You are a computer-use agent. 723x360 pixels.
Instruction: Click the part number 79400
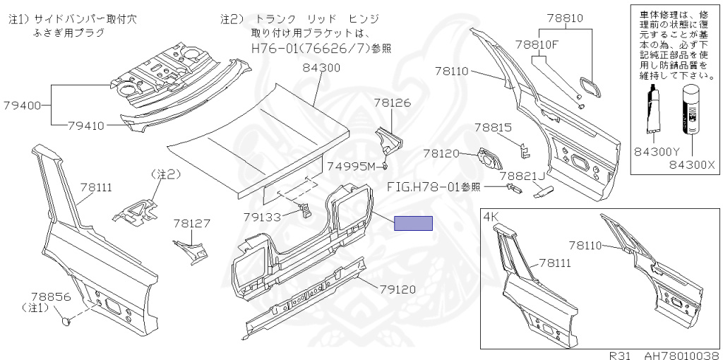(23, 105)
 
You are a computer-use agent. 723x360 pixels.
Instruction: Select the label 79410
(86, 126)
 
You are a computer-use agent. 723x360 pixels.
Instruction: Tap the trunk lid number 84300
(321, 68)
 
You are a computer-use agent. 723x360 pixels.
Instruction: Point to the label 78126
(392, 103)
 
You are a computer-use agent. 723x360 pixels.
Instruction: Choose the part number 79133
(263, 216)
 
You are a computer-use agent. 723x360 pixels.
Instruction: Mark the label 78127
(192, 224)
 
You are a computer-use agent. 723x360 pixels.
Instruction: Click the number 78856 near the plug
(51, 296)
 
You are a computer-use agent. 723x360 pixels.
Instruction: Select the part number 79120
(398, 289)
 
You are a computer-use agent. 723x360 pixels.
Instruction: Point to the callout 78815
(494, 127)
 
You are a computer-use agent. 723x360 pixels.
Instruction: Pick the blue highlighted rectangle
(413, 223)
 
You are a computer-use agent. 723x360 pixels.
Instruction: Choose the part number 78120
(442, 153)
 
